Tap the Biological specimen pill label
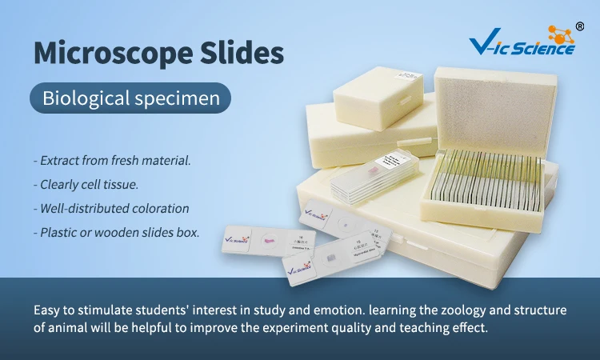click(x=130, y=99)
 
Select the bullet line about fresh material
click(x=112, y=161)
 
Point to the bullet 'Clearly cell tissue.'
click(x=86, y=185)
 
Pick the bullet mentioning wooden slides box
click(x=117, y=233)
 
